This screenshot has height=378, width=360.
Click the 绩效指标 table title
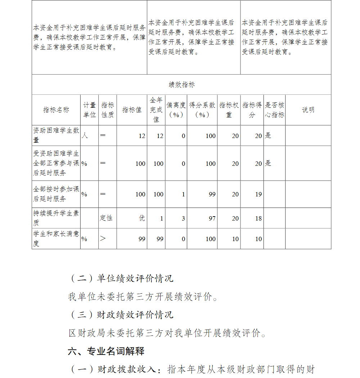(181, 85)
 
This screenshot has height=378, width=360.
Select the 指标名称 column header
(56, 110)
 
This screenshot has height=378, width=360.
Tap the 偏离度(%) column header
(176, 110)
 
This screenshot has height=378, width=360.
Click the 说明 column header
(308, 110)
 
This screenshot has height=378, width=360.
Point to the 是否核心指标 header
(274, 110)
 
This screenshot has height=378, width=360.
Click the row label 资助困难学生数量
(56, 135)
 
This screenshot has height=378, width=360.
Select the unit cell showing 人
(85, 135)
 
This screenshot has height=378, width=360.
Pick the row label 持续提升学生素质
(56, 218)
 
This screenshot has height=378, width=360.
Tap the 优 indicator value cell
(142, 218)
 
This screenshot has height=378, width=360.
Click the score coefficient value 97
(212, 218)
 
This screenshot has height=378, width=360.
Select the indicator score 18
(258, 218)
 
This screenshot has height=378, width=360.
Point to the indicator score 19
(258, 194)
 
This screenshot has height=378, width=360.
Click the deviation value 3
(183, 218)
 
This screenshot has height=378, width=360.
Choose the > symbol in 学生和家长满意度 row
(103, 239)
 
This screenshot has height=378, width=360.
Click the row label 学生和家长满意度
(56, 239)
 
